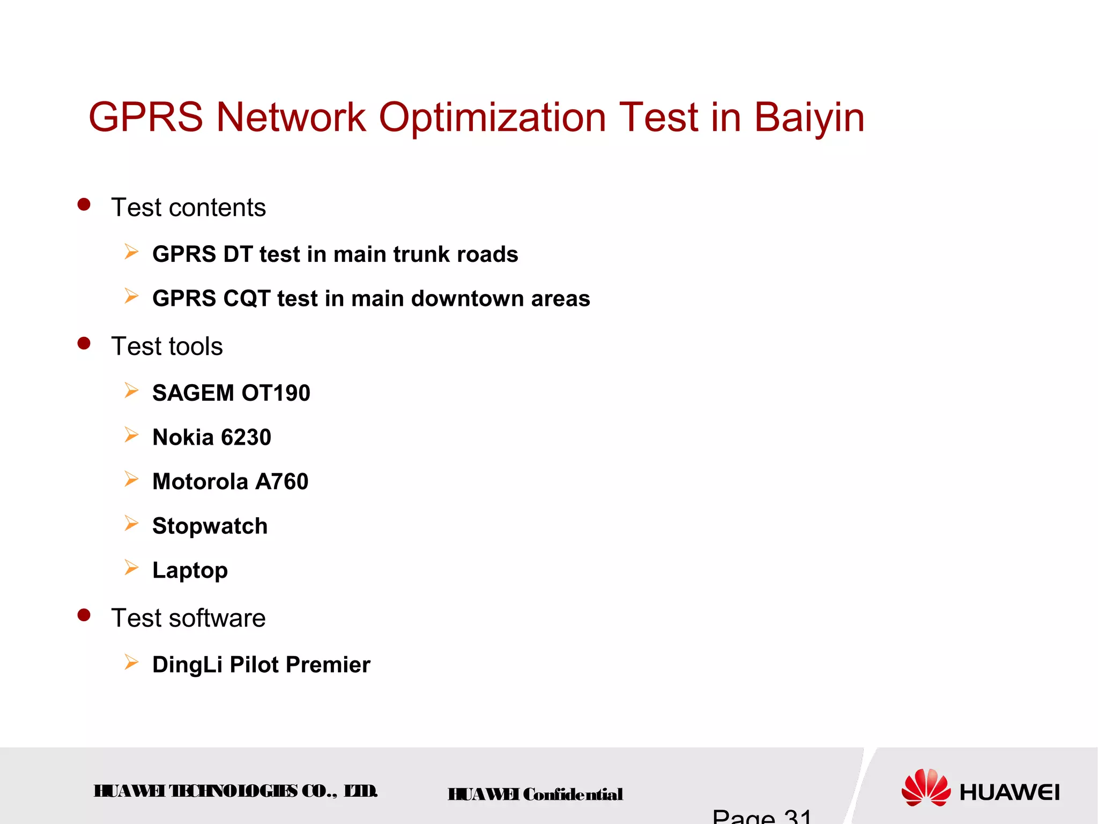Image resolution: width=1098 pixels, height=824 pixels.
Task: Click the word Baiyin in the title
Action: pyautogui.click(x=809, y=117)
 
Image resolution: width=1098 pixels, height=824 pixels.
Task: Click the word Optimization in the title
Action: pyautogui.click(x=493, y=117)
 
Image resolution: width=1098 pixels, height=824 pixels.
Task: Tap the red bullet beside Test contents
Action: pyautogui.click(x=84, y=204)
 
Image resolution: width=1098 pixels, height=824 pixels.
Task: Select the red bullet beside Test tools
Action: pyautogui.click(x=84, y=343)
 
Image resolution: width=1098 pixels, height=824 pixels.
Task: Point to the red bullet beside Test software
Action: pyautogui.click(x=84, y=615)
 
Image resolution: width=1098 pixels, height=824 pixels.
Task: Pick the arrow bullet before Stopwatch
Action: pyautogui.click(x=131, y=523)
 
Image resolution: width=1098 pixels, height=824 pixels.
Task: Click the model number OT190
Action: pyautogui.click(x=276, y=393)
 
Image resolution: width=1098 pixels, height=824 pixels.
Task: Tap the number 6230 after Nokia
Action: pyautogui.click(x=246, y=437)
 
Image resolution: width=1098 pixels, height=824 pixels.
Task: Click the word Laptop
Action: pyautogui.click(x=190, y=570)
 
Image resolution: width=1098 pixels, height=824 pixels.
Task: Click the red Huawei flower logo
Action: pyautogui.click(x=926, y=788)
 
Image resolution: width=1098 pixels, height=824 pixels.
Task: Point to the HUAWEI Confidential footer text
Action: pyautogui.click(x=535, y=794)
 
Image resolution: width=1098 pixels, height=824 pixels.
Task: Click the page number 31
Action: pyautogui.click(x=798, y=817)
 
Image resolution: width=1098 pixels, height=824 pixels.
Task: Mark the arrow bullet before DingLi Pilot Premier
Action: pyautogui.click(x=131, y=662)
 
